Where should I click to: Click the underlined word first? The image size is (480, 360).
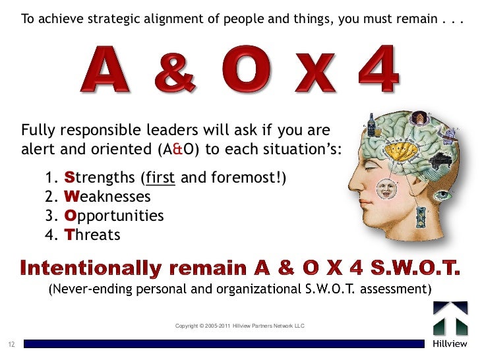pyautogui.click(x=160, y=178)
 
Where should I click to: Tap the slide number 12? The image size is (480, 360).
pyautogui.click(x=11, y=344)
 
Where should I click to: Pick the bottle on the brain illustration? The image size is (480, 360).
pyautogui.click(x=372, y=125)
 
